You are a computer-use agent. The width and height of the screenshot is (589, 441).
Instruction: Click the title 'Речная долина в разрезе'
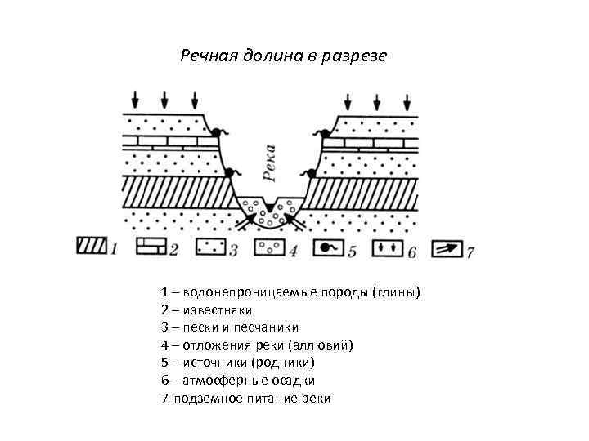click(283, 57)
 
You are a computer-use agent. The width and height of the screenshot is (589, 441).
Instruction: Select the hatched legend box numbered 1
click(92, 247)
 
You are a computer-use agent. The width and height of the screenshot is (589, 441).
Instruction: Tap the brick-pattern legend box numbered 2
click(151, 247)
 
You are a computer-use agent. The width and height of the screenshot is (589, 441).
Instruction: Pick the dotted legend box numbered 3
click(211, 247)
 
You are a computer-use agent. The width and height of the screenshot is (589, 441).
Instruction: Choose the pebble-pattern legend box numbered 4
click(271, 247)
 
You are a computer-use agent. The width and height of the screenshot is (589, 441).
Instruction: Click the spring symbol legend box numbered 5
click(330, 247)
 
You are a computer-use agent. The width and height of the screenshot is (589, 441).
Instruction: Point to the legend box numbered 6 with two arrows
click(389, 247)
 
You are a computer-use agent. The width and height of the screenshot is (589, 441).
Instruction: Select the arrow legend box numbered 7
click(448, 247)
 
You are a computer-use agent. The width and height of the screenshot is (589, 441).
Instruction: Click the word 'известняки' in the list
click(218, 310)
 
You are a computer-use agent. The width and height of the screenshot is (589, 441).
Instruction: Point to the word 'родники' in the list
click(283, 363)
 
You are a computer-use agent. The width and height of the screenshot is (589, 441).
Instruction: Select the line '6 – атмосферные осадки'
click(238, 381)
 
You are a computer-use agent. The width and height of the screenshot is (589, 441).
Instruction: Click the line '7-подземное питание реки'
click(246, 399)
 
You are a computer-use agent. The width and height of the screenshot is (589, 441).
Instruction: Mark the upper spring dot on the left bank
click(217, 131)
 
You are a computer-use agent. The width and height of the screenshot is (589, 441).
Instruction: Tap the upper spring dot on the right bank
click(325, 132)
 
